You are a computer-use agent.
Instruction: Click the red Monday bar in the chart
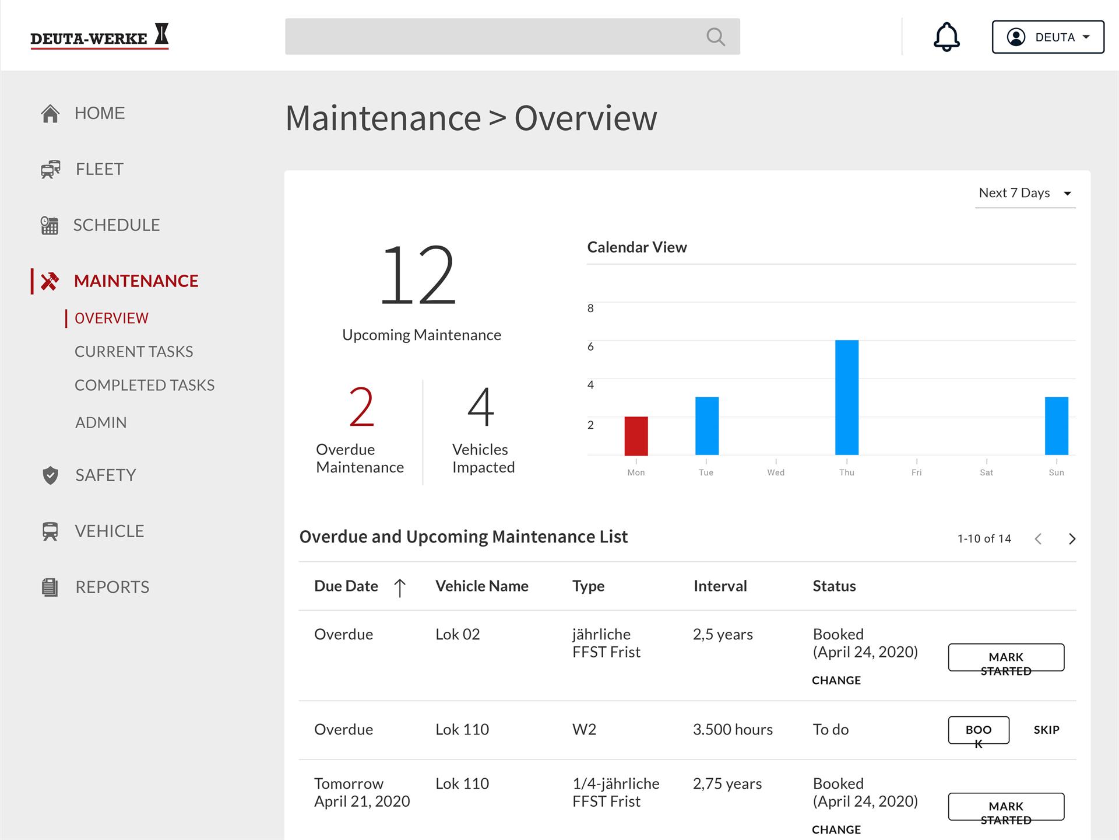636,436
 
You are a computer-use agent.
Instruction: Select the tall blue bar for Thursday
847,397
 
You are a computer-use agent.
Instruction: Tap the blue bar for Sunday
1056,426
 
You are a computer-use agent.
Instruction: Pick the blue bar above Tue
707,426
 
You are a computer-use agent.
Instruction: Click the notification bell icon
946,37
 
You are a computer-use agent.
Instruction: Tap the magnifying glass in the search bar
716,37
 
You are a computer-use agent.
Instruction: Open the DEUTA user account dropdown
1048,37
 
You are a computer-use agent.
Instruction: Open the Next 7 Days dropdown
1025,193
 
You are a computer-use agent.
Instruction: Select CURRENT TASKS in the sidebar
133,351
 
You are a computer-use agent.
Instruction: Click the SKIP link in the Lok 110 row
1046,730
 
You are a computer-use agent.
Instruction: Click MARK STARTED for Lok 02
1006,657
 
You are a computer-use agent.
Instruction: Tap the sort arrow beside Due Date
400,587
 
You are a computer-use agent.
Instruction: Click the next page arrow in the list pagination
1072,539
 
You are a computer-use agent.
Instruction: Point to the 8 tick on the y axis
590,308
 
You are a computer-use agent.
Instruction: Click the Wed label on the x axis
776,473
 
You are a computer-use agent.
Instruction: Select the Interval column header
720,586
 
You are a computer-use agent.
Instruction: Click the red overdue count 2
361,407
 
